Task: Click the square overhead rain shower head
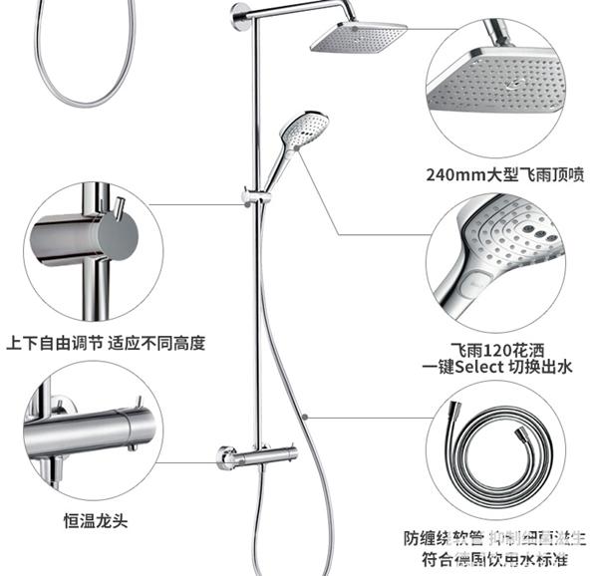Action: [358, 39]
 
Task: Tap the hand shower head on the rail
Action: [300, 130]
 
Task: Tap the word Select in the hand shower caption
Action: [486, 367]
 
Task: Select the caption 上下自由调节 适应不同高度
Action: [106, 343]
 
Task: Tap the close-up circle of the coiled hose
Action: [496, 447]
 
